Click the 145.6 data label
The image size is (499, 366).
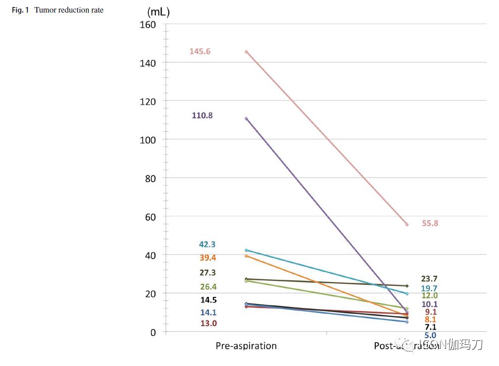[200, 51]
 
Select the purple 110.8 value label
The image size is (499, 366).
[202, 115]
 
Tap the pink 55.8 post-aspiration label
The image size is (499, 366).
[430, 223]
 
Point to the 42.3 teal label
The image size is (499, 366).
[207, 245]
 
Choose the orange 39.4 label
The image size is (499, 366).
[207, 258]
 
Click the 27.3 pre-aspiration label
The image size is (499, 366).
[207, 273]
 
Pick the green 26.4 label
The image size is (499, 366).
[207, 287]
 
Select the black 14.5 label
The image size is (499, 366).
[208, 300]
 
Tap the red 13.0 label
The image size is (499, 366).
[208, 324]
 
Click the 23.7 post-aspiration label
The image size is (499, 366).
[429, 279]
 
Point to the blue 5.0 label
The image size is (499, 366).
[430, 335]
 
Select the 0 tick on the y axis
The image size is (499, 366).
[152, 332]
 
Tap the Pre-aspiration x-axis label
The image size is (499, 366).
[246, 346]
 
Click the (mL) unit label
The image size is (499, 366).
[158, 13]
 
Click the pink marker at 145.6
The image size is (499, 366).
[246, 51]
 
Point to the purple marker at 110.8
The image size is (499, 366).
[246, 118]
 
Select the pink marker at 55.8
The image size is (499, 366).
[407, 224]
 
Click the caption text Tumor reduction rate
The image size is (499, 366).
[69, 10]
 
